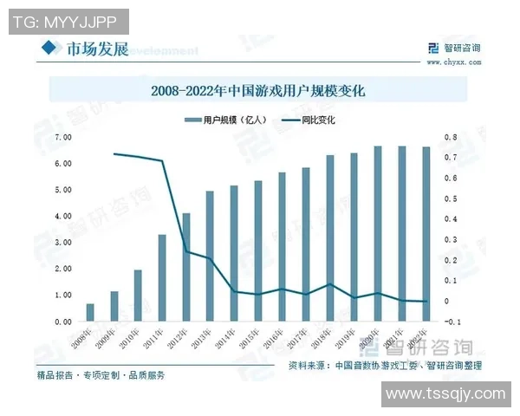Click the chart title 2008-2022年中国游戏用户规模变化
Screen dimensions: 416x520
(x=259, y=89)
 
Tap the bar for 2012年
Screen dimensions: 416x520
(x=185, y=267)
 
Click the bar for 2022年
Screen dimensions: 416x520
(x=425, y=234)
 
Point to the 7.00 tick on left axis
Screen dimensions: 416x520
(x=62, y=137)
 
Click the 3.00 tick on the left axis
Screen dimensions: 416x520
(x=62, y=242)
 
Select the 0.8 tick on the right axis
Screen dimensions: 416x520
(x=450, y=137)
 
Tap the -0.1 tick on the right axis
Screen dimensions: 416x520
(x=452, y=322)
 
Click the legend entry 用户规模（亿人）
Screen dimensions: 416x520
(x=227, y=120)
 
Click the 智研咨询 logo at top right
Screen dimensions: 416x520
(x=450, y=48)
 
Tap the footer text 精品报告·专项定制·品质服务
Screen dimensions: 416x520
(x=101, y=376)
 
